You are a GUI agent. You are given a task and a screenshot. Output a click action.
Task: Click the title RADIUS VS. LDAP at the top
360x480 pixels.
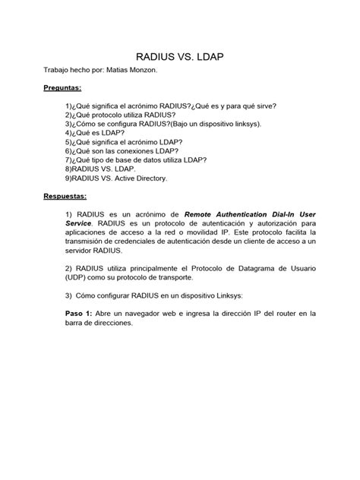(x=180, y=56)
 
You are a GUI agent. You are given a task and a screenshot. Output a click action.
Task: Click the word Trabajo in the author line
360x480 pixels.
(x=59, y=70)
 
